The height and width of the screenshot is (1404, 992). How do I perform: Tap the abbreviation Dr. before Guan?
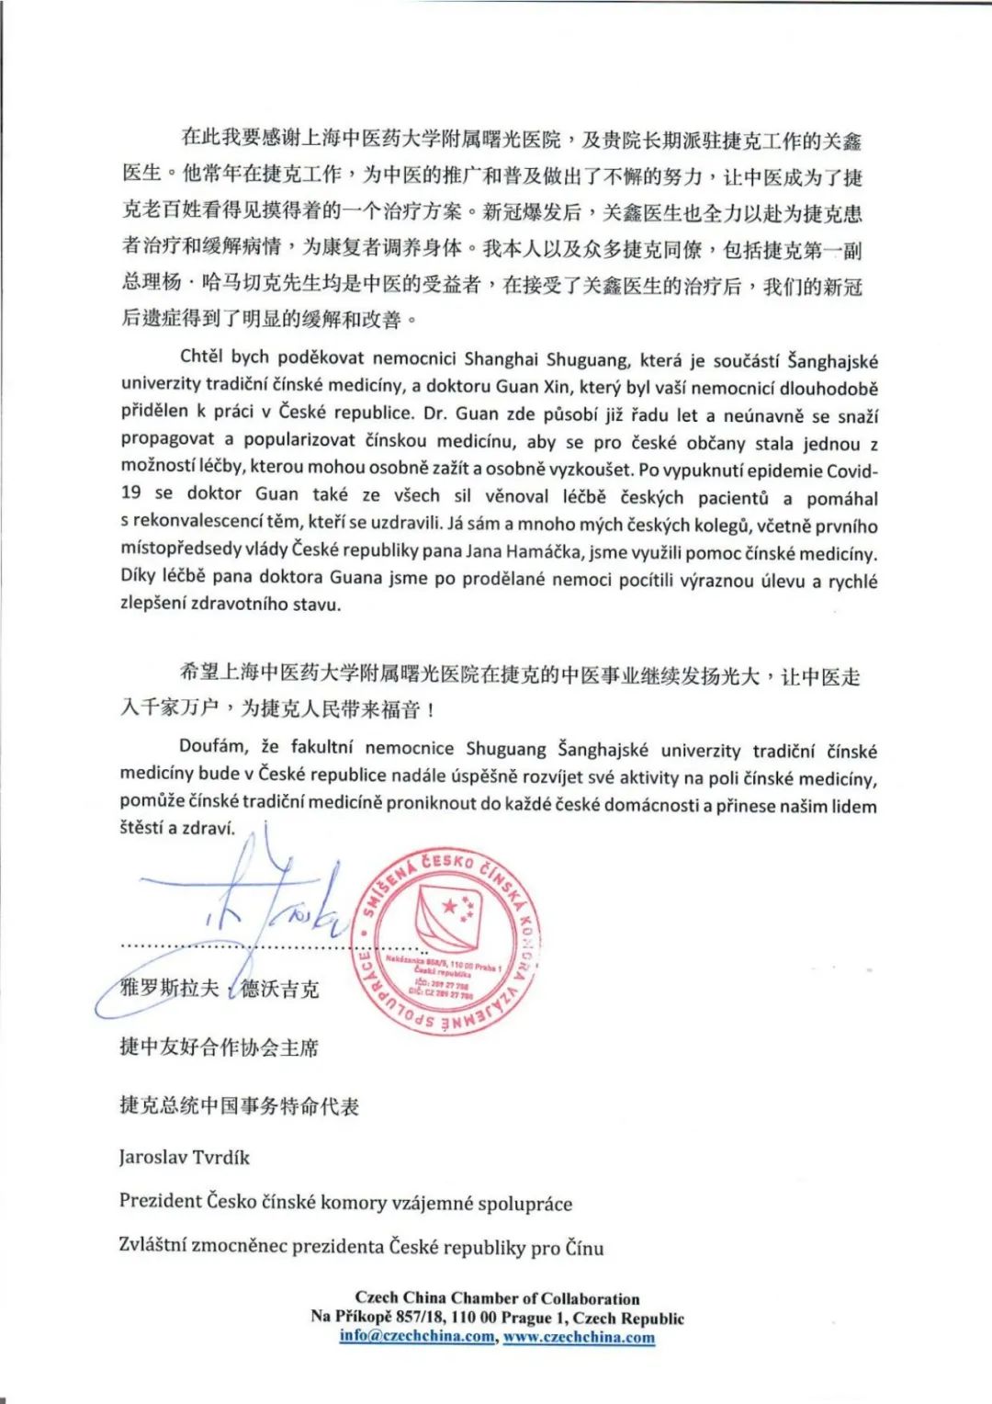click(436, 414)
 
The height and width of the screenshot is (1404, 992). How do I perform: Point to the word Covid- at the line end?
click(852, 470)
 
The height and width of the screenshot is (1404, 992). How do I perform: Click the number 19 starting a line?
click(130, 493)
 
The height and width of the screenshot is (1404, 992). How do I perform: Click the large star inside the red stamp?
click(450, 908)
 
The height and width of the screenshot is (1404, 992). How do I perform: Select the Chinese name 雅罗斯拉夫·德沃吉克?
click(220, 989)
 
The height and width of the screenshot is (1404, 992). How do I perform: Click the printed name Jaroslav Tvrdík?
click(184, 1157)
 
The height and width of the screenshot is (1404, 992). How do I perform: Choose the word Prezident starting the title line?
click(160, 1201)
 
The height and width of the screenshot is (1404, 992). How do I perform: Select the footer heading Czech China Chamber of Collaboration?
click(497, 1298)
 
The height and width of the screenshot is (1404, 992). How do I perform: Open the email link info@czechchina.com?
click(416, 1336)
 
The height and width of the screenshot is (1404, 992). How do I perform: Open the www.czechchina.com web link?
click(579, 1336)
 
